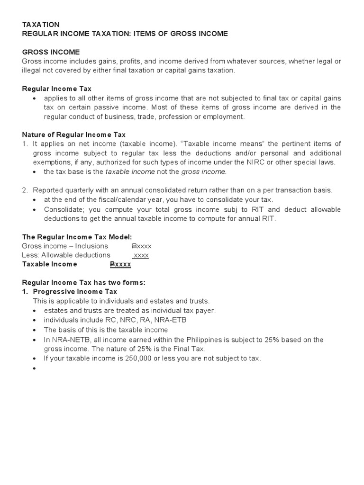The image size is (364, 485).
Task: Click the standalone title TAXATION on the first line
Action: [41, 24]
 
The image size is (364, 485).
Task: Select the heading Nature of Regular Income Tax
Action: [73, 135]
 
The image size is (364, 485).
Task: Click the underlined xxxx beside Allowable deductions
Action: [141, 255]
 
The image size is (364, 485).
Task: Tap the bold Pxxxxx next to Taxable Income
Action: [120, 264]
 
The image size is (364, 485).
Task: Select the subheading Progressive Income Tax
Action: [75, 292]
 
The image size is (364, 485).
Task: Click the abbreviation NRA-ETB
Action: [169, 320]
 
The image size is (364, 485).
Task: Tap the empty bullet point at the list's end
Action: [35, 368]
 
